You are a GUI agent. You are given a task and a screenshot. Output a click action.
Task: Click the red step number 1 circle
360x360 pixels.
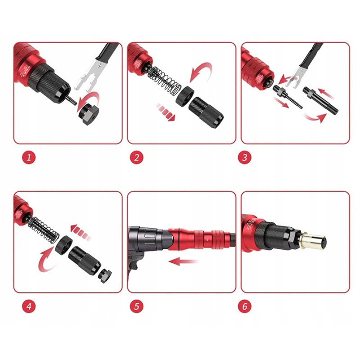pos(29,157)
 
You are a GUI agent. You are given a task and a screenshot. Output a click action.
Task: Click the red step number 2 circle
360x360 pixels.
pos(137,157)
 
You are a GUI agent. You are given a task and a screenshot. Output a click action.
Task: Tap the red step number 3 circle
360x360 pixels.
pos(244,157)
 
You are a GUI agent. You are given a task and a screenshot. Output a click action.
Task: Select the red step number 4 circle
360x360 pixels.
pos(29,306)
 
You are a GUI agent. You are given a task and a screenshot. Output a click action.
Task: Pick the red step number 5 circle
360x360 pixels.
pos(137,306)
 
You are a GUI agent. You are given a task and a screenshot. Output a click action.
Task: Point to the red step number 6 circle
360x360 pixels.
pos(244,306)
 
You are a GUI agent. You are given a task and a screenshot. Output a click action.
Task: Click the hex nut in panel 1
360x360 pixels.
pos(89,114)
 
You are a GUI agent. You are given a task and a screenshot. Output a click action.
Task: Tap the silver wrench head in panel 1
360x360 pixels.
pos(88,74)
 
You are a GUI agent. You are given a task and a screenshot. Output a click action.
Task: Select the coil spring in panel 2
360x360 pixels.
pos(164,81)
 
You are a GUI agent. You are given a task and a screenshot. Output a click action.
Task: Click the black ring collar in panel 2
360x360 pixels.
pos(184,96)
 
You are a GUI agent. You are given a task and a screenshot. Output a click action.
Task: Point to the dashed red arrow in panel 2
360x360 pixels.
pos(165,112)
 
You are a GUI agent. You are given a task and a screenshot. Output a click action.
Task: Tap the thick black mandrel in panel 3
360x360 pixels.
pos(320,100)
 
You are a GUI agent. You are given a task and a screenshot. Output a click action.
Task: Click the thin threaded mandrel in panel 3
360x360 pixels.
pos(287,97)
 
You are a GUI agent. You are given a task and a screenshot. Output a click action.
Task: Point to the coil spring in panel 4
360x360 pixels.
pos(44,229)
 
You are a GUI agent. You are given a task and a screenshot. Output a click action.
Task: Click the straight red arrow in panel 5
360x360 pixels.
pos(183,261)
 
